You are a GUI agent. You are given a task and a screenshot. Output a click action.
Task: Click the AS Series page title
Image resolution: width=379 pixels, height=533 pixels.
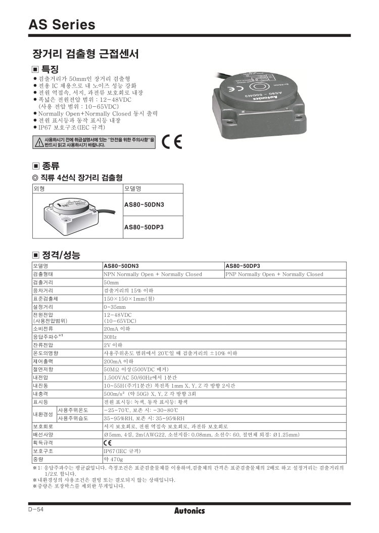(62, 24)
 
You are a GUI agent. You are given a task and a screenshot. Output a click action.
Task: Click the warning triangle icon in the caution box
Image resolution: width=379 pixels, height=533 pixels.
(38, 142)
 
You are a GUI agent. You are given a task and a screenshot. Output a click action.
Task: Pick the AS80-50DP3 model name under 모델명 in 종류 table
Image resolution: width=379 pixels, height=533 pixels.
(144, 227)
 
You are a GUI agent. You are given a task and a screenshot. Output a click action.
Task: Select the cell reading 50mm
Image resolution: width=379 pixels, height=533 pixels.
(111, 282)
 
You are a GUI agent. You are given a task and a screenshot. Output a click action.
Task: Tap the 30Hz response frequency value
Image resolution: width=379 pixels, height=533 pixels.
(110, 336)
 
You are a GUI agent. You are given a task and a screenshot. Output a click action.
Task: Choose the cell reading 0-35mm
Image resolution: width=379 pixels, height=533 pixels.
(114, 307)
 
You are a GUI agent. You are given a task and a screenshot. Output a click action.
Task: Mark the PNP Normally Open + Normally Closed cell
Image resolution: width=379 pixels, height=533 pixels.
(274, 274)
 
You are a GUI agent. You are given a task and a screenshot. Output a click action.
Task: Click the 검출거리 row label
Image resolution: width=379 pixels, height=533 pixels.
(43, 282)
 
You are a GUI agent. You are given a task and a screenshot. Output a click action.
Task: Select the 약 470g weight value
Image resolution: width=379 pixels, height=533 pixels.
(113, 459)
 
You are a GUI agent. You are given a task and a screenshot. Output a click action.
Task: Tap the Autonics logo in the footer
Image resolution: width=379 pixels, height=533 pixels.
(189, 511)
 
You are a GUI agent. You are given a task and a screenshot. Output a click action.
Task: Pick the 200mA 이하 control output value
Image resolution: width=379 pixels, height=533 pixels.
(118, 361)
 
